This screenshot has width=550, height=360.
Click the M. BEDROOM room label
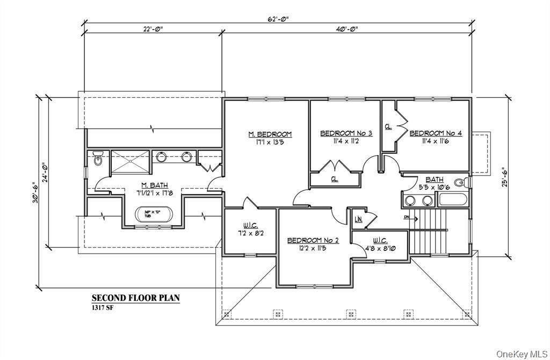click(270, 134)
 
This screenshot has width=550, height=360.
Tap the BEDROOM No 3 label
click(346, 133)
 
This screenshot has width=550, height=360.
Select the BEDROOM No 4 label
click(435, 133)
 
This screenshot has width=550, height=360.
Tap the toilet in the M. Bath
click(97, 159)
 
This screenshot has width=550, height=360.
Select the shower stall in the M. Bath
click(129, 162)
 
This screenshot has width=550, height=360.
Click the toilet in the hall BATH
click(459, 183)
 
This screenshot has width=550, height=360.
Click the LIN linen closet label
click(358, 219)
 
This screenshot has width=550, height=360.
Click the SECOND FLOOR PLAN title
click(135, 298)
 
